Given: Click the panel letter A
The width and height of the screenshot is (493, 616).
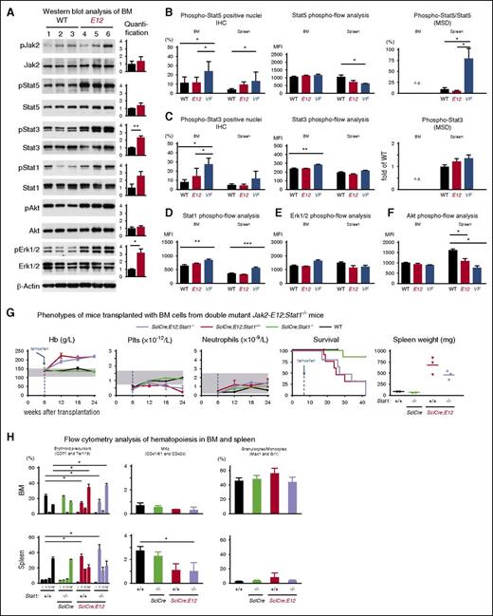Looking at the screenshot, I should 7,8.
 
